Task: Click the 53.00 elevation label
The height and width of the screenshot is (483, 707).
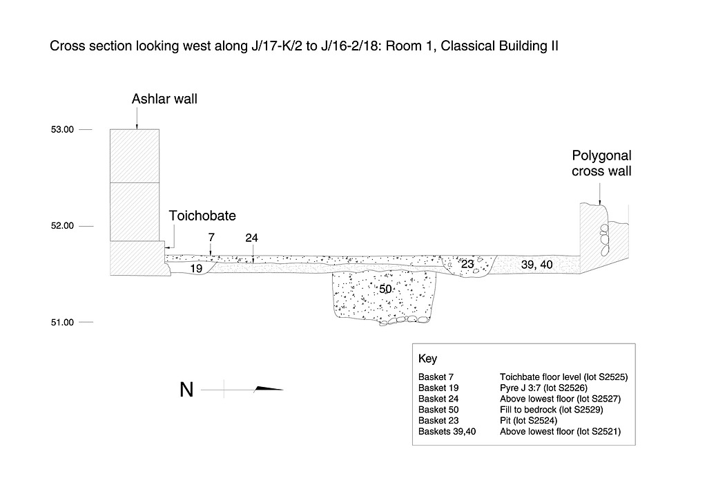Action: click(62, 129)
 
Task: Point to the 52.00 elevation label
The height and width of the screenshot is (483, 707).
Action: click(62, 226)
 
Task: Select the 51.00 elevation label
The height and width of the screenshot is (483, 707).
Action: click(62, 323)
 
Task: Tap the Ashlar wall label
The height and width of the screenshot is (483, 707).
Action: click(164, 100)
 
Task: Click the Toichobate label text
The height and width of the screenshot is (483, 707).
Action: click(202, 216)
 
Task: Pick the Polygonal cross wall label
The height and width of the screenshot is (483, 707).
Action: click(601, 164)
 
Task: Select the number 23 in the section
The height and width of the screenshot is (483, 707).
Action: click(467, 264)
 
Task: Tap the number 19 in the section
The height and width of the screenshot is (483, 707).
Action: click(196, 268)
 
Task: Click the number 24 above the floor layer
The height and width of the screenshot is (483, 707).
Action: click(251, 238)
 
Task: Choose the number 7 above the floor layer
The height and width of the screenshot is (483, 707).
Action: click(211, 238)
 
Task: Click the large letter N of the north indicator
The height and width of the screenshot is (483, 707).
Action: click(186, 390)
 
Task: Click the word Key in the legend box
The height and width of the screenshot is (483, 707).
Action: click(427, 359)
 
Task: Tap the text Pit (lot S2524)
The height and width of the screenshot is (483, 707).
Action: click(528, 420)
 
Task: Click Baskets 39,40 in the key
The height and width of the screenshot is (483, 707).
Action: click(447, 431)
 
